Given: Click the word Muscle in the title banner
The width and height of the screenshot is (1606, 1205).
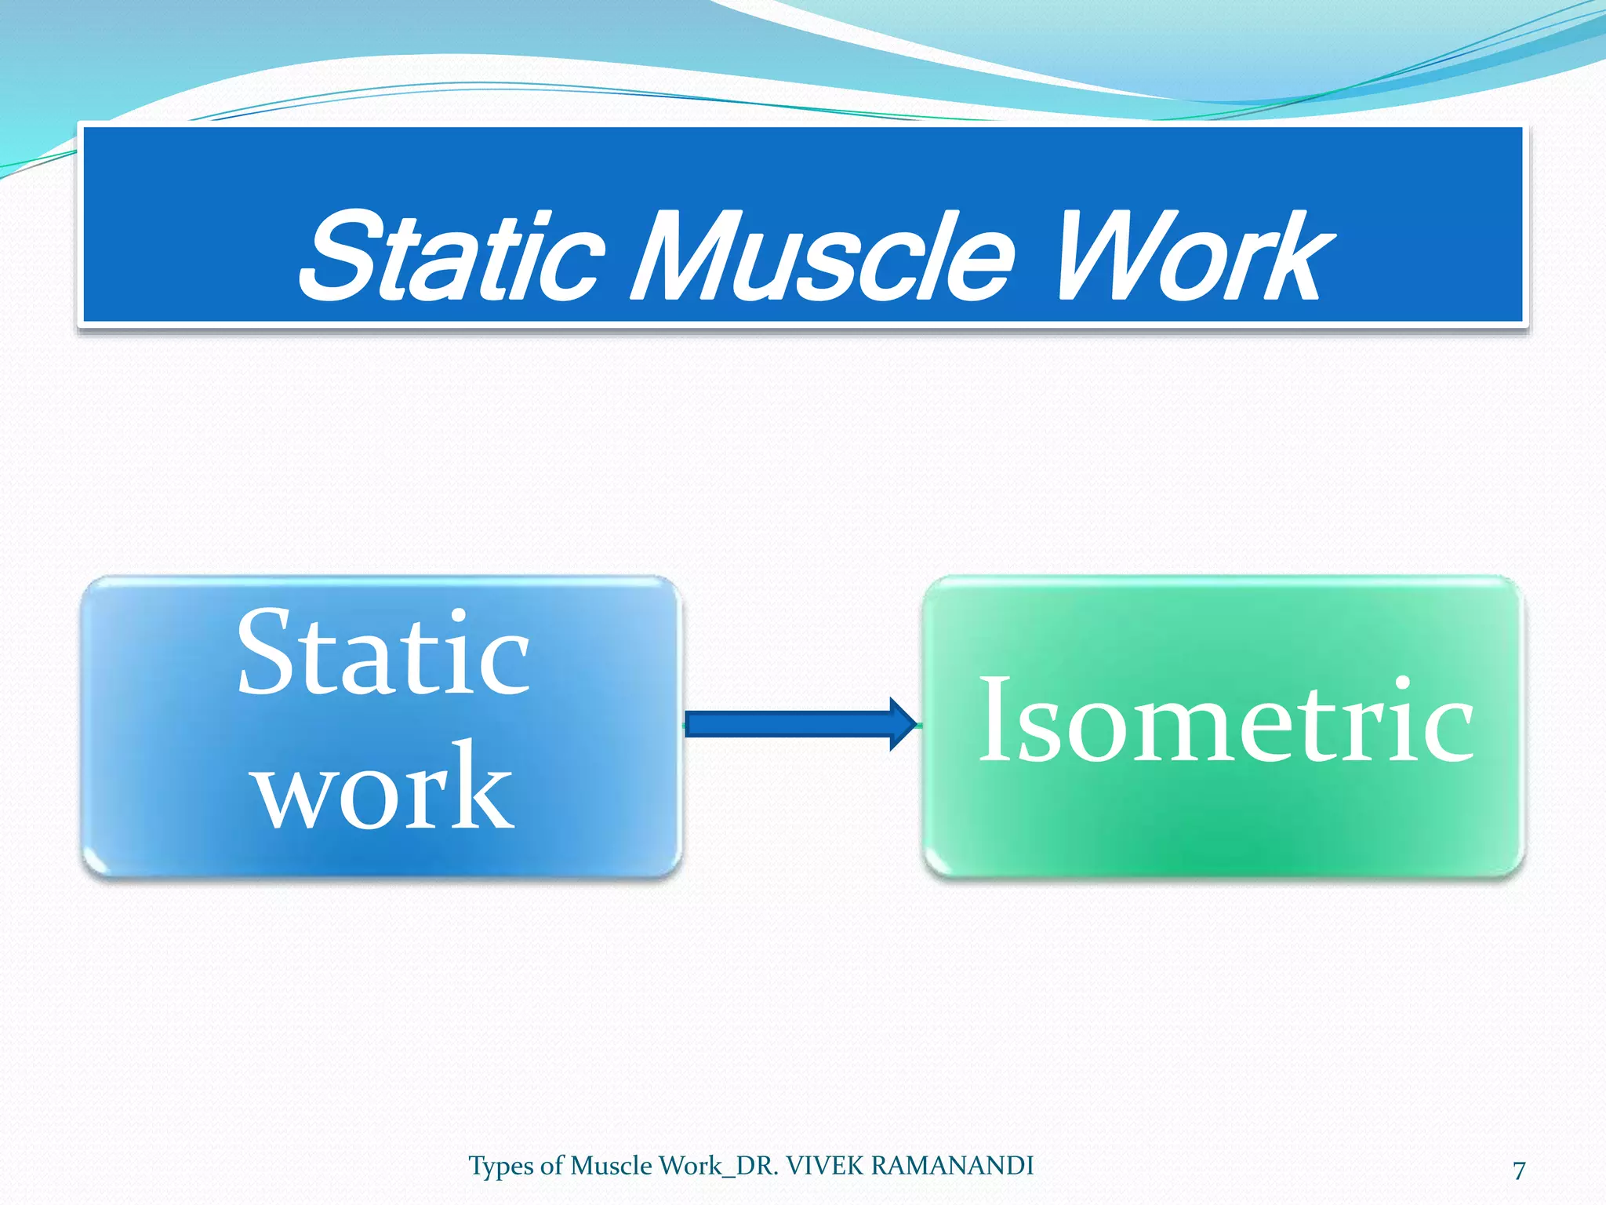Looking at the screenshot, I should pos(823,257).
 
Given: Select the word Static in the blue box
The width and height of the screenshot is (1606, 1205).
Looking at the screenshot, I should pos(383,653).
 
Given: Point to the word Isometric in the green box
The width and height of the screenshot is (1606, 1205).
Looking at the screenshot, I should pos(1226,720).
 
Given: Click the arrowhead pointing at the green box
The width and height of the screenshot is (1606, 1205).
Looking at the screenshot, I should pos(903,723).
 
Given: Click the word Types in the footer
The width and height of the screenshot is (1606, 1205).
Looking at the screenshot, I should pos(502,1167).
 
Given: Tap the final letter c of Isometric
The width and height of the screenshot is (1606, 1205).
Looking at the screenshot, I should pos(1450,730).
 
